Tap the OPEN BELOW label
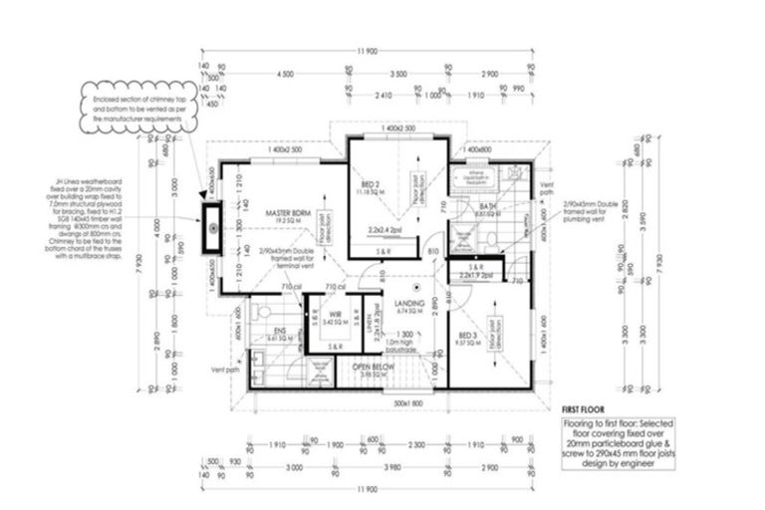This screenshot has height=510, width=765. click(x=375, y=370)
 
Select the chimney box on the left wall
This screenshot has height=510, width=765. click(x=211, y=229)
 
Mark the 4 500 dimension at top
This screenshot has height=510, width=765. click(x=286, y=75)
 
